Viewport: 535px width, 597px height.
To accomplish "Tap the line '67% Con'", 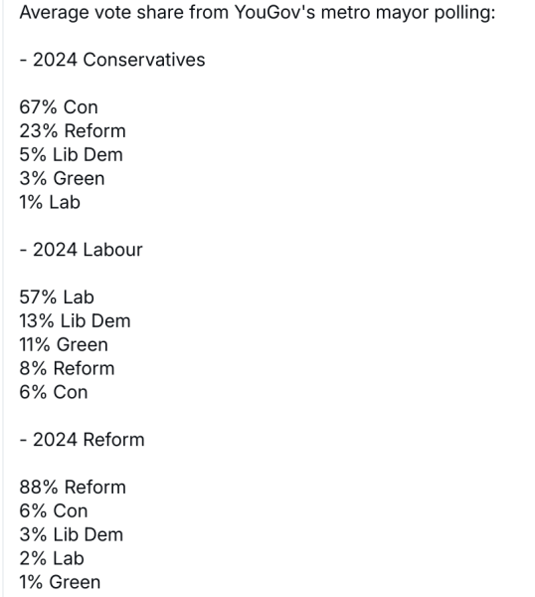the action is click(x=59, y=107).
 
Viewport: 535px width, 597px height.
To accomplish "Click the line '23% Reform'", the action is click(x=73, y=131).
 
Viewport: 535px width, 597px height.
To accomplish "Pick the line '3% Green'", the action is click(x=62, y=179).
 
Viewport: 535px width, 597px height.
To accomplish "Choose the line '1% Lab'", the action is click(x=50, y=202).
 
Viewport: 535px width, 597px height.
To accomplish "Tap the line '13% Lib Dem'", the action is click(x=75, y=321).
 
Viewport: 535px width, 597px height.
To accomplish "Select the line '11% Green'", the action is click(x=64, y=345).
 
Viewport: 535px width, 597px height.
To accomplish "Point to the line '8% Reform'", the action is click(x=67, y=368).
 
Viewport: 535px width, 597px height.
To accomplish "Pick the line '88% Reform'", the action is click(x=73, y=488).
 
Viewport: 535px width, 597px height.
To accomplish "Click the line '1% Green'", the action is click(x=60, y=582).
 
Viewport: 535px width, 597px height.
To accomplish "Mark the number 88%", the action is click(x=39, y=488).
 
